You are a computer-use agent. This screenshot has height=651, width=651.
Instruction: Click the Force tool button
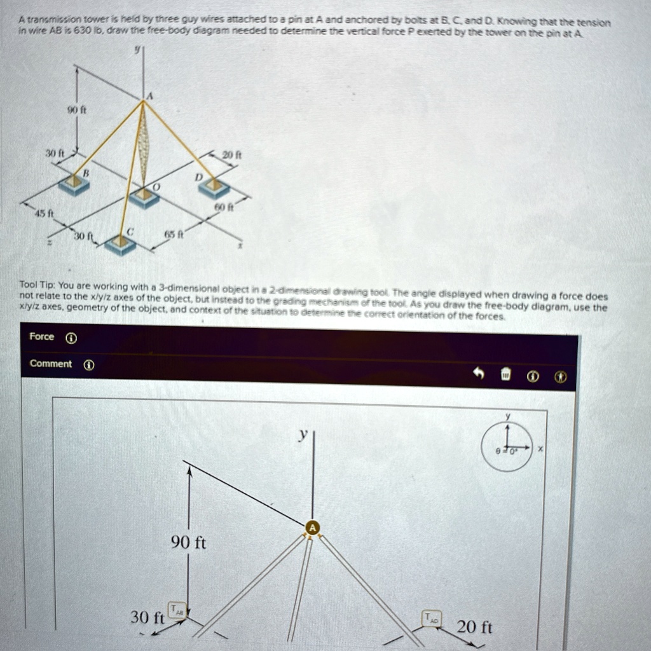(x=42, y=337)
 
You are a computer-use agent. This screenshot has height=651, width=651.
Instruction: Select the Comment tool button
(x=51, y=364)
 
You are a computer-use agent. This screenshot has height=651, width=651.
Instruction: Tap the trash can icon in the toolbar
(x=506, y=376)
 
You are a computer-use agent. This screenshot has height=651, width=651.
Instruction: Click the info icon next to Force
(x=71, y=338)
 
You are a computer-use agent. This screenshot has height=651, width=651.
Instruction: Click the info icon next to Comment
(x=89, y=364)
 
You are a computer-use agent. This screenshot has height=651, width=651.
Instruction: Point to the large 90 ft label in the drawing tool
(x=189, y=543)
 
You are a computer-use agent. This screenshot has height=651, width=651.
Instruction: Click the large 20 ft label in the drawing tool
(x=475, y=627)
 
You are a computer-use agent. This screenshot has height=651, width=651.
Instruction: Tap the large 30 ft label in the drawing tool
(x=147, y=617)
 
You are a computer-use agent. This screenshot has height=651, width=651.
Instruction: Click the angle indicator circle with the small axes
(x=506, y=446)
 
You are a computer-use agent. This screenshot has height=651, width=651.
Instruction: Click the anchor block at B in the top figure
(x=75, y=184)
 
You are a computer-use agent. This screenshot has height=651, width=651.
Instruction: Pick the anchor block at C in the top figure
(x=120, y=243)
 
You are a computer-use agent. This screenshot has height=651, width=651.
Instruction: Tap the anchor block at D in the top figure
(x=214, y=187)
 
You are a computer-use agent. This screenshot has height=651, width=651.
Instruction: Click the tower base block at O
(x=145, y=197)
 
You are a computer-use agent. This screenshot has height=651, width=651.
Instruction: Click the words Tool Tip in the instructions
(x=39, y=285)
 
